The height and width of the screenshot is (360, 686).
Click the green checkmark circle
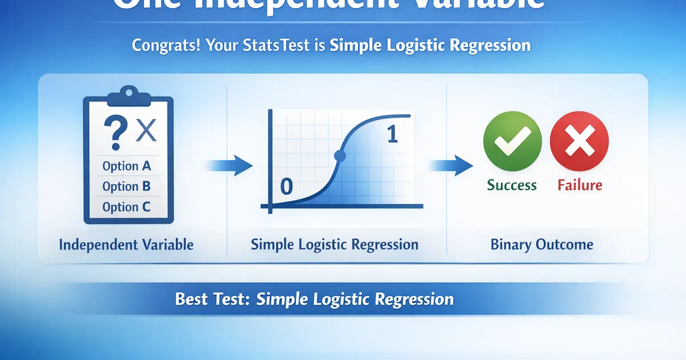coord(512,140)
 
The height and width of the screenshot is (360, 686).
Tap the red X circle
coord(579,140)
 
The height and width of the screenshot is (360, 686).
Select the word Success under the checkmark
coord(512,185)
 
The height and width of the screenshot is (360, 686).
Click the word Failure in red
coord(579,185)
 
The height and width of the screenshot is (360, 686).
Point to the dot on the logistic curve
coord(340,155)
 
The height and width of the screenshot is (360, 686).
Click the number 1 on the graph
coord(392,134)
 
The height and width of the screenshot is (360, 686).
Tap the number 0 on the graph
coord(286,185)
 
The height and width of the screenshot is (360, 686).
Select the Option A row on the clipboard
coord(126,166)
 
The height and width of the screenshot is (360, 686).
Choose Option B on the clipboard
coord(126,186)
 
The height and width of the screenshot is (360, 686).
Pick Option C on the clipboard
coord(126,207)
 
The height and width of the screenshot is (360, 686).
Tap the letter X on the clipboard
coord(146,132)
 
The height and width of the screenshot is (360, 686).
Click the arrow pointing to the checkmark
coord(452,166)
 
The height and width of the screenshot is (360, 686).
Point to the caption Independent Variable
coord(126,245)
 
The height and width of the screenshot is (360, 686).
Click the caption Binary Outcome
coord(542,245)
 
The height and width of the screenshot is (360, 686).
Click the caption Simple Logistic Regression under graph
coord(334,245)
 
